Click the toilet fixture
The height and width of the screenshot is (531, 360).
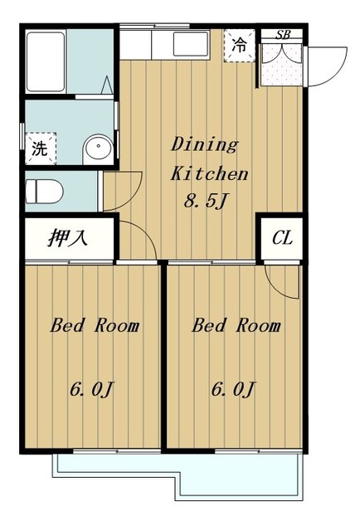point(44,192)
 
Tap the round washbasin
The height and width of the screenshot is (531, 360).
point(98,149)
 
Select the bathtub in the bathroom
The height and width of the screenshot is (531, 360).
point(46,61)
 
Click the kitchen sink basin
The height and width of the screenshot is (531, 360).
point(191,44)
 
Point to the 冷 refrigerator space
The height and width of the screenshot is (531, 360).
point(239,46)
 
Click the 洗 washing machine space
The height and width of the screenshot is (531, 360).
point(41,149)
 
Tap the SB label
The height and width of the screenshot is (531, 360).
point(283,34)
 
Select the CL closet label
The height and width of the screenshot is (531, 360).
point(282,238)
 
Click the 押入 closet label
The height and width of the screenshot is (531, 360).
point(68,237)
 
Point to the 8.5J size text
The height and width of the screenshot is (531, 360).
point(205,202)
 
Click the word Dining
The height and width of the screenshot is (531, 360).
point(205,144)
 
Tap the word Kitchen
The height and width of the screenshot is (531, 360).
point(210,173)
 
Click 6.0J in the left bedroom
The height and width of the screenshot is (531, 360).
point(90,389)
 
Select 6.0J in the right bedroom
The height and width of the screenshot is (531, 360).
point(232,389)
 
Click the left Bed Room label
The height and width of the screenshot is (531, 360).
point(95,325)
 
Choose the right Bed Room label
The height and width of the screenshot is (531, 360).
point(236,325)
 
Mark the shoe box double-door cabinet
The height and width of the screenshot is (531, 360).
point(282,64)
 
